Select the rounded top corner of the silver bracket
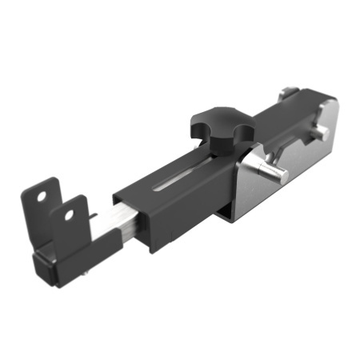[330, 105]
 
